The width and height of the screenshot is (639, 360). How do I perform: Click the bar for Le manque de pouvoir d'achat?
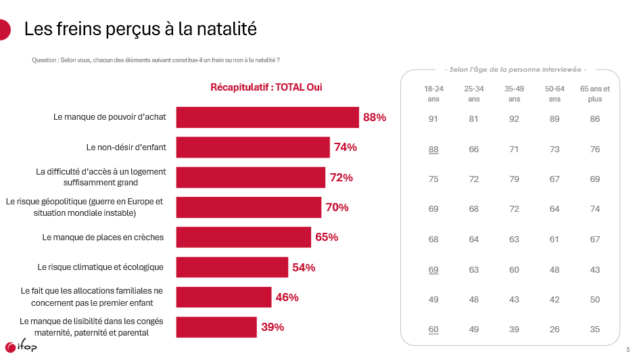[267, 117]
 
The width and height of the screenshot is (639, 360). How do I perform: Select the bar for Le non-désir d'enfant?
[253, 147]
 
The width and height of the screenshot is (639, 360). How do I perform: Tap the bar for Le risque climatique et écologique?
[232, 267]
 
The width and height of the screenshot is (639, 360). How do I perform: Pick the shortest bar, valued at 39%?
[216, 327]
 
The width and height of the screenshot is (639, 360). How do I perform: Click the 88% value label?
[375, 117]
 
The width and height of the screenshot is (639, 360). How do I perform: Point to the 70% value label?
[337, 207]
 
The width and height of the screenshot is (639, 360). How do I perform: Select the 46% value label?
[287, 297]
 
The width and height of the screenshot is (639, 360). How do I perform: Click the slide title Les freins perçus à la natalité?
[140, 29]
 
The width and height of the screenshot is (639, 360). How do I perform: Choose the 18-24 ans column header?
[433, 94]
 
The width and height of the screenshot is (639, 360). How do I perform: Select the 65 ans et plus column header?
[595, 94]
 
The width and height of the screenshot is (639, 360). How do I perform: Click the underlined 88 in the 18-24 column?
[433, 150]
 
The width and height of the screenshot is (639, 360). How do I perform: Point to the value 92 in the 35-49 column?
[514, 119]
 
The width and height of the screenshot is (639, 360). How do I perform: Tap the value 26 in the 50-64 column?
[554, 330]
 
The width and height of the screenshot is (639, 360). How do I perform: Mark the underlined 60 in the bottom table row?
[433, 330]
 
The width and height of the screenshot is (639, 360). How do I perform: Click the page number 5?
[628, 350]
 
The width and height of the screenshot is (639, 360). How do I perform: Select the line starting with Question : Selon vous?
[156, 60]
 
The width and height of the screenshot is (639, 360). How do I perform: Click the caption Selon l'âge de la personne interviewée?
[515, 70]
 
